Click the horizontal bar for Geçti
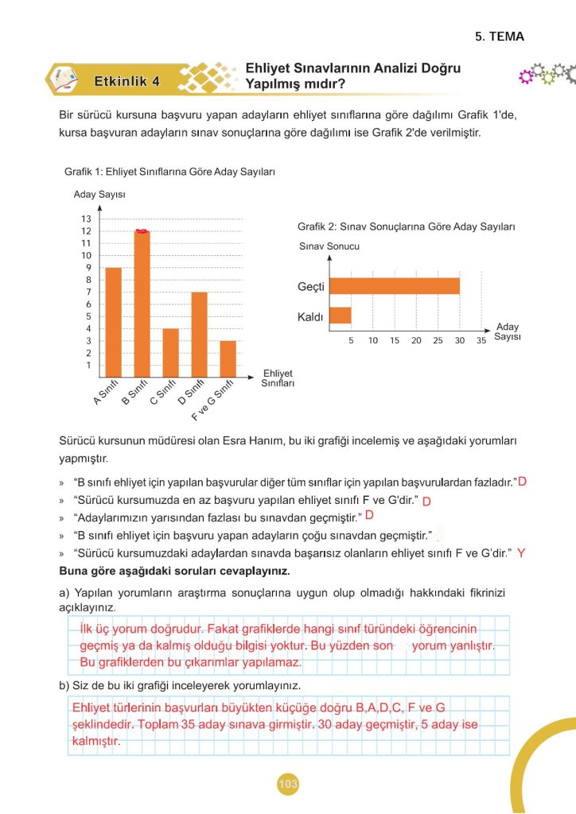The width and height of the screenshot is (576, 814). (x=395, y=285)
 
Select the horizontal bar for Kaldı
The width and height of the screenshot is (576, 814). (x=341, y=315)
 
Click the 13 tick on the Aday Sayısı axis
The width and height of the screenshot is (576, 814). (x=86, y=219)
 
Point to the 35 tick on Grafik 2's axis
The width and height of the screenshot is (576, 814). (x=481, y=340)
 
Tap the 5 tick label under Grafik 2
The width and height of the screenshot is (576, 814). (x=351, y=340)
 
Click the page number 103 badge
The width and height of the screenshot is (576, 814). (x=288, y=785)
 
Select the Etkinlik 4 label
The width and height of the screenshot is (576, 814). (x=126, y=80)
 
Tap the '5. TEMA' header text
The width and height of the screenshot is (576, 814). (x=500, y=37)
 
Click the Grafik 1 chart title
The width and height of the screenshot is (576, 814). (x=169, y=171)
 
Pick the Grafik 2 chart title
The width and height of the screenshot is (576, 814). (x=406, y=227)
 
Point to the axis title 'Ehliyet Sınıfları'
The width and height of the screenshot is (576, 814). (x=278, y=378)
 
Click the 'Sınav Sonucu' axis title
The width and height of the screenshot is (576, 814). (x=329, y=246)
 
